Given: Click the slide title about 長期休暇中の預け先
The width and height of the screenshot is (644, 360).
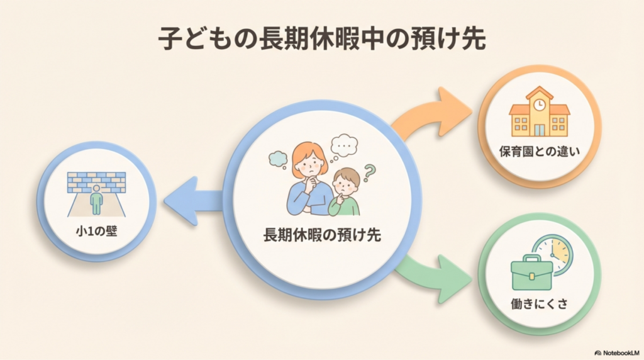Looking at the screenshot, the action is click(x=322, y=39).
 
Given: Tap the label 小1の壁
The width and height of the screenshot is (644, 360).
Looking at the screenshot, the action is click(x=96, y=231).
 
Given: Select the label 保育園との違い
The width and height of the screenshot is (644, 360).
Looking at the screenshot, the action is click(x=539, y=151).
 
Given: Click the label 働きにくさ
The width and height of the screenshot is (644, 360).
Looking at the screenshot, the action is click(x=539, y=304).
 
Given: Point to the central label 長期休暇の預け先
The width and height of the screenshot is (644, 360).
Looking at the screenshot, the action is click(x=322, y=235).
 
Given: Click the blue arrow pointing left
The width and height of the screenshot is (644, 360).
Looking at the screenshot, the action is click(x=193, y=201).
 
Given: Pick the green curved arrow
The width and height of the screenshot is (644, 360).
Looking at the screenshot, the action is click(x=434, y=274).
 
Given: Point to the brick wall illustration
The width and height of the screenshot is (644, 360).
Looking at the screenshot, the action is click(x=96, y=183).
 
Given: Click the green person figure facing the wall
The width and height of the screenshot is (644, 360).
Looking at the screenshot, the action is click(x=96, y=200).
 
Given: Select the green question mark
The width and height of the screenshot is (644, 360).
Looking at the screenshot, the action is click(x=369, y=172).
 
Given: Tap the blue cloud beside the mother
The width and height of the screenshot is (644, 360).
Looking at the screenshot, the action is click(x=279, y=159).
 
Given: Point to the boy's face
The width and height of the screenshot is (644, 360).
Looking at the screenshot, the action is click(x=345, y=186).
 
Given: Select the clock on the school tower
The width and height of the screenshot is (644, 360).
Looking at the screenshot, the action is click(x=539, y=104).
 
